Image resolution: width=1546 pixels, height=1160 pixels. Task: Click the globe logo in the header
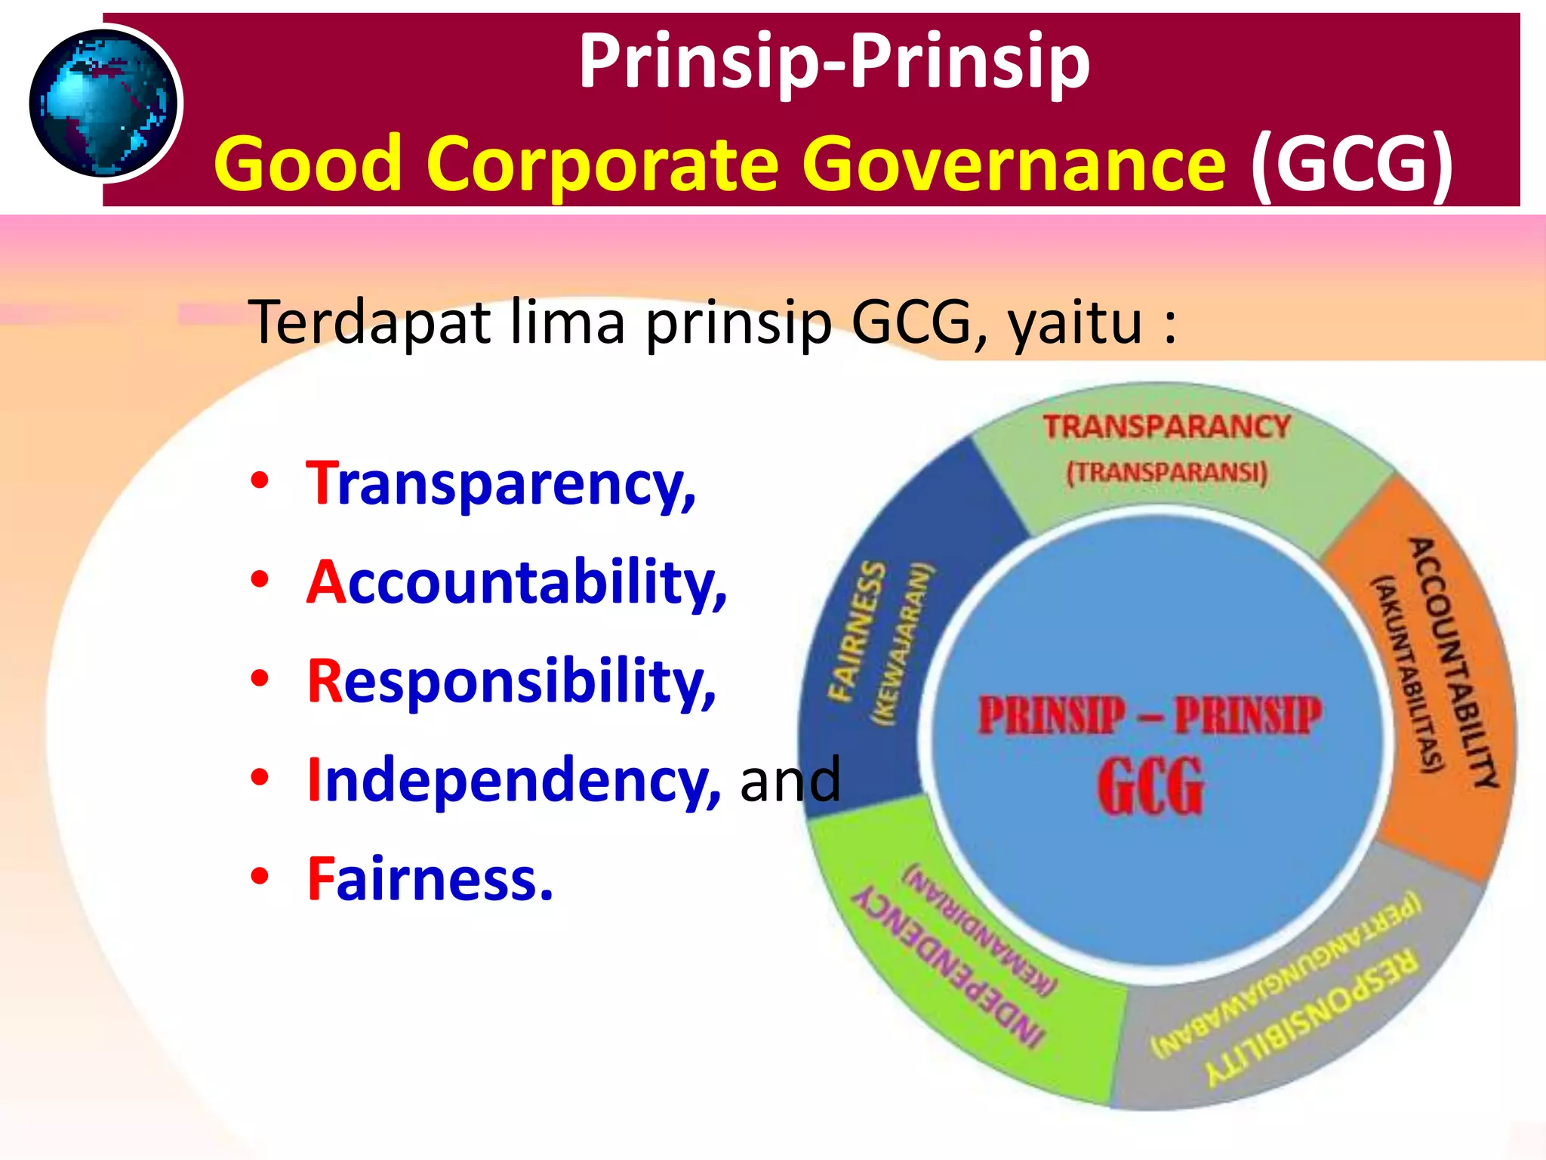pyautogui.click(x=104, y=103)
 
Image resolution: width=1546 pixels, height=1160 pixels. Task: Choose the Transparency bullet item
pyautogui.click(x=500, y=483)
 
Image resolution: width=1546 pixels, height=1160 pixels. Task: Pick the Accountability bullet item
pyautogui.click(x=516, y=582)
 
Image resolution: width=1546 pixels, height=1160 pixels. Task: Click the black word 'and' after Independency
pyautogui.click(x=790, y=779)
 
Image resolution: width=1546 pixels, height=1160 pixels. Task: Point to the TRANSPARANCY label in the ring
pyautogui.click(x=1166, y=427)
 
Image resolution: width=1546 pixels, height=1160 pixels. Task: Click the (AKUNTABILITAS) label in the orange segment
pyautogui.click(x=1409, y=674)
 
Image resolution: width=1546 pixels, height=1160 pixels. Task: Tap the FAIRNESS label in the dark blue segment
pyautogui.click(x=856, y=631)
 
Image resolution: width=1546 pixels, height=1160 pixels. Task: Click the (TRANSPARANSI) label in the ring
pyautogui.click(x=1166, y=473)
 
